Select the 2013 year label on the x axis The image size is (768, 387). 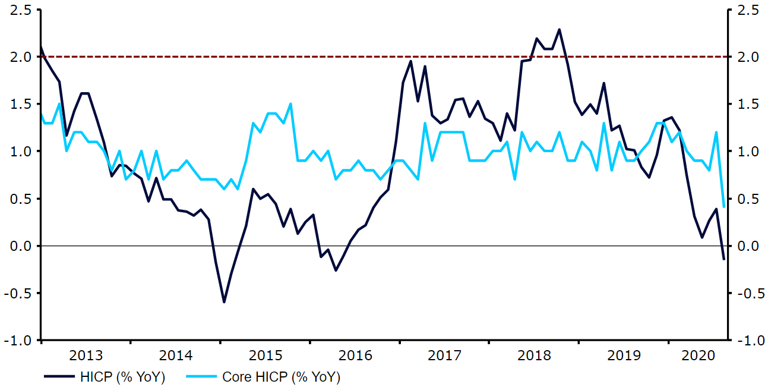pyautogui.click(x=86, y=356)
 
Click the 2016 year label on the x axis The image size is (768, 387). pyautogui.click(x=355, y=356)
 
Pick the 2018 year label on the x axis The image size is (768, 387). pyautogui.click(x=534, y=356)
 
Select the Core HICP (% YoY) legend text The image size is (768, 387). pyautogui.click(x=281, y=377)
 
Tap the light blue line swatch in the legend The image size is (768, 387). pyautogui.click(x=200, y=377)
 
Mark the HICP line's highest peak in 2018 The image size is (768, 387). pyautogui.click(x=559, y=29)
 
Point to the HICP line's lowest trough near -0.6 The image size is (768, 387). pyautogui.click(x=224, y=302)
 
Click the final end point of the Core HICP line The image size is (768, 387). pyautogui.click(x=723, y=207)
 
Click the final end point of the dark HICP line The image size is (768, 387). pyautogui.click(x=723, y=259)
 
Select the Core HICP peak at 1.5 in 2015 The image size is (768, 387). pyautogui.click(x=291, y=104)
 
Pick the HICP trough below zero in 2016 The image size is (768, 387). pyautogui.click(x=336, y=270)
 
